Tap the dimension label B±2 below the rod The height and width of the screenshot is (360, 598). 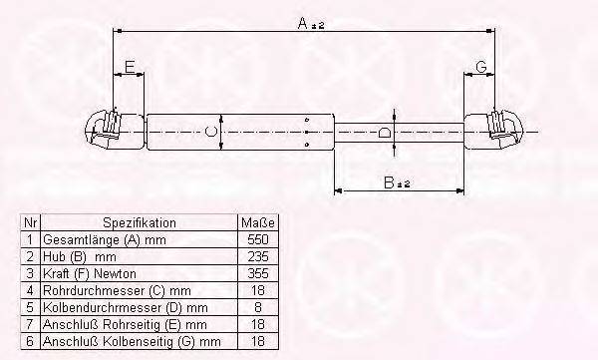398,181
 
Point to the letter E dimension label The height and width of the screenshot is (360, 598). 128,67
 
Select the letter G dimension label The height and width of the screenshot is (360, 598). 481,67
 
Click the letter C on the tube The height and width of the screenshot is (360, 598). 209,132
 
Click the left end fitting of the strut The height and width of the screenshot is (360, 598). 105,129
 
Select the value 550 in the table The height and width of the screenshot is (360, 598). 257,240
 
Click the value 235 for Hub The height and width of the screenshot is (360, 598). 257,257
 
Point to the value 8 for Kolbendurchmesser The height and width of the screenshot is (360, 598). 257,308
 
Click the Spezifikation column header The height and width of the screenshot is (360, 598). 139,222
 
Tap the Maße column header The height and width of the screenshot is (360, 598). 257,222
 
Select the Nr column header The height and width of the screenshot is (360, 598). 30,222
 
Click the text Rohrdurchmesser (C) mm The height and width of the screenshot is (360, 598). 109,291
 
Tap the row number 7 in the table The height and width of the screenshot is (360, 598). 30,325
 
